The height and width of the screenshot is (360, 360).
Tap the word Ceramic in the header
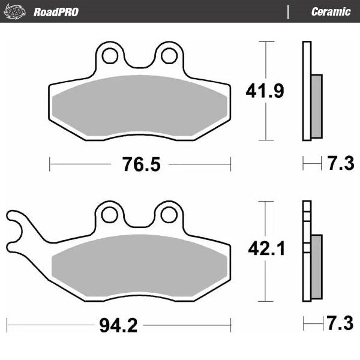pos(331,12)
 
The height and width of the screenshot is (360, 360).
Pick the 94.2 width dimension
pos(119,326)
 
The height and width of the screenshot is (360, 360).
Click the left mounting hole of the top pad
pos(110,55)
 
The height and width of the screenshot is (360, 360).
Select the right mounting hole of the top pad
pos(169,55)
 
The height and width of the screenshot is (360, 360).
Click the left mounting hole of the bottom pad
pos(110,214)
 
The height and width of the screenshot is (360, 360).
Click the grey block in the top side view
pos(317,106)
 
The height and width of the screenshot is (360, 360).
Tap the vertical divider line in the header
pos(288,12)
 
